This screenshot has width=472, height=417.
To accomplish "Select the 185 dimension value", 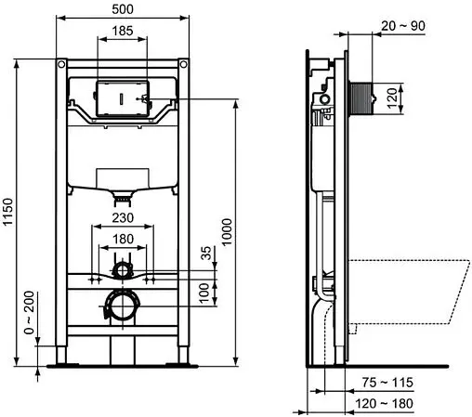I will pyautogui.click(x=122, y=31).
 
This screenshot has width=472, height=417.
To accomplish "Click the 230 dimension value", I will pyautogui.click(x=122, y=218).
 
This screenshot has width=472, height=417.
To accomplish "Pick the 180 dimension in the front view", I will pyautogui.click(x=122, y=238).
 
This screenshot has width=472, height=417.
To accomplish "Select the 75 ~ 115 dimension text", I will pyautogui.click(x=387, y=382).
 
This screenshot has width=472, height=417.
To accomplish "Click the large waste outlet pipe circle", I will pyautogui.click(x=122, y=305).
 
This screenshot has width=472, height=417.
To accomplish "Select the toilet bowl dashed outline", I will pyautogui.click(x=409, y=288).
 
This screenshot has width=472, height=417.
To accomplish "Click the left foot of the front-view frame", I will pyautogui.click(x=60, y=357).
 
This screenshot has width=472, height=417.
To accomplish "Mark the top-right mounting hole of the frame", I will pyautogui.click(x=183, y=65).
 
